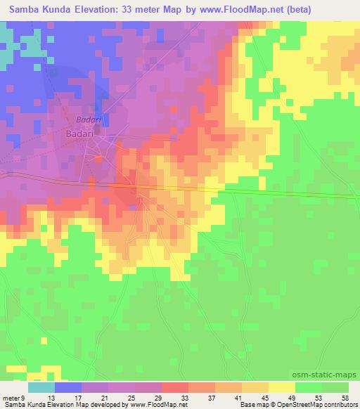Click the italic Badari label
(89, 119)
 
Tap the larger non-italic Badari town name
(84, 132)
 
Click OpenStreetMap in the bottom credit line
(293, 405)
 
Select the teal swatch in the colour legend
(41, 387)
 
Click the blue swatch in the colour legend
(68, 387)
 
